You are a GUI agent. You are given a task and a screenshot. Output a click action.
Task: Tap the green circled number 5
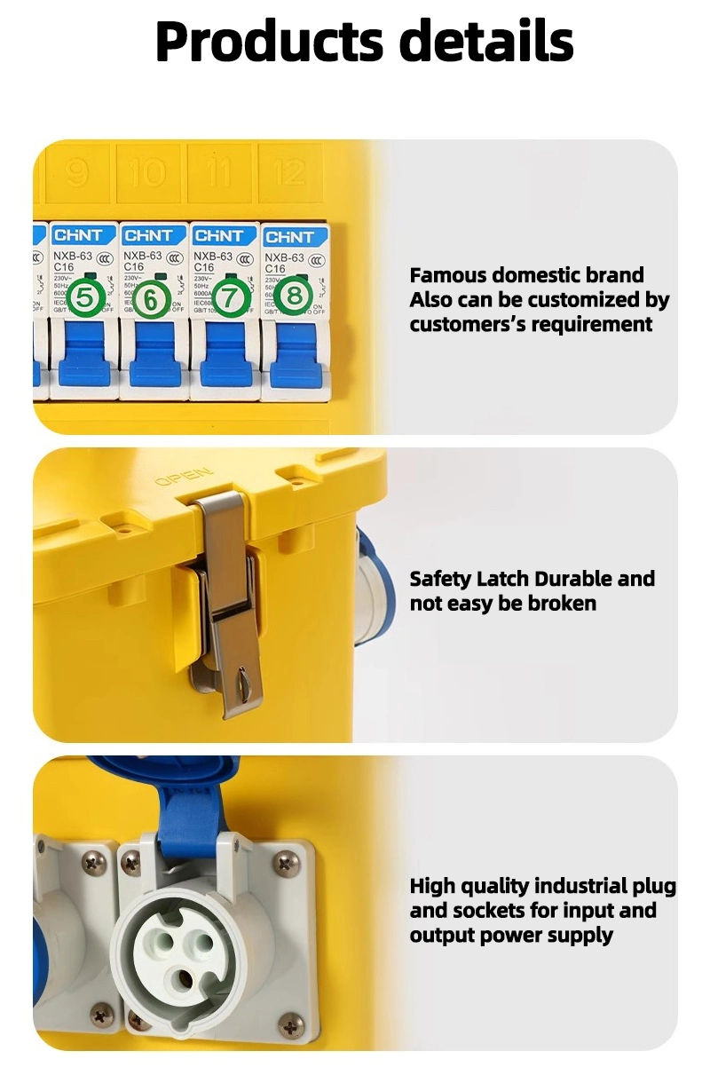84,297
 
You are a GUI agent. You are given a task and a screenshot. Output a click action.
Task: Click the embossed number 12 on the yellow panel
289,171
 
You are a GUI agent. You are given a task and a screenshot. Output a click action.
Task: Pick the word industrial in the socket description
579,886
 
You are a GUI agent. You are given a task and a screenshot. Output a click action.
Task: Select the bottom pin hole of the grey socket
187,976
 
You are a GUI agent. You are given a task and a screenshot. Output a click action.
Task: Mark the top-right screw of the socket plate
285,859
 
